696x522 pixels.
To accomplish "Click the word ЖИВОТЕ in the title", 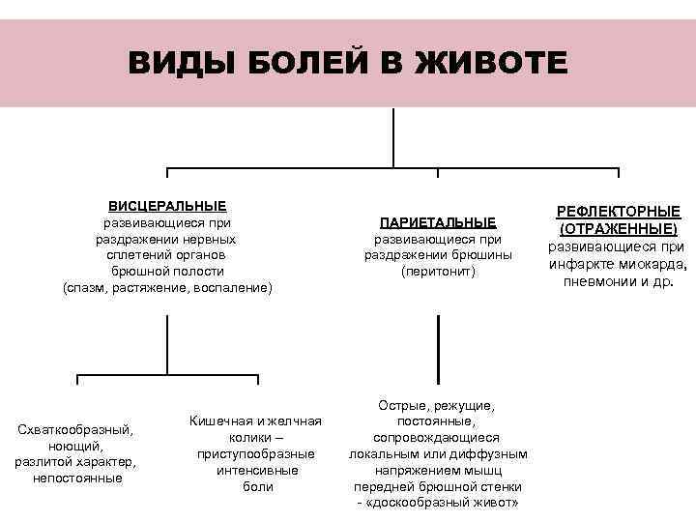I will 489,64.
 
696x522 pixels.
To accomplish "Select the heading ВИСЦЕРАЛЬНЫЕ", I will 167,206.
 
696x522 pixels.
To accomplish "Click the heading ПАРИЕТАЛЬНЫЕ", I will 438,222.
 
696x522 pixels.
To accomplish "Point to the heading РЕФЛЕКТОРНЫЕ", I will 618,212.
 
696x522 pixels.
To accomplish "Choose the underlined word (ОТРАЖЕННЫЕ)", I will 618,229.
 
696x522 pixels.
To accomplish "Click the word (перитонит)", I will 438,272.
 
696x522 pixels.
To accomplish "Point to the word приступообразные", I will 256,453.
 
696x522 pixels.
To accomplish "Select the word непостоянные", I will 77,478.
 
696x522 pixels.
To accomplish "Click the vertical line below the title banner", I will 393,138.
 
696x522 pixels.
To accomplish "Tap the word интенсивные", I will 256,470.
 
